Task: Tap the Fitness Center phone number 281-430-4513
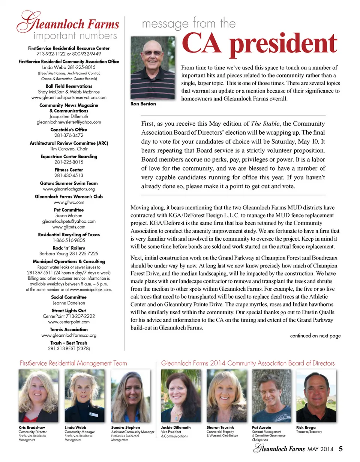[69, 175]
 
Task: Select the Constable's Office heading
[69, 130]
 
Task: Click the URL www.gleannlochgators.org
[69, 189]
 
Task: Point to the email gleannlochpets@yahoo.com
[69, 221]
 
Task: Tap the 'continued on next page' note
[315, 336]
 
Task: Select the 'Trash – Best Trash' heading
[69, 343]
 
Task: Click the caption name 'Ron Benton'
[143, 104]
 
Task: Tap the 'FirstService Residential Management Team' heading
[73, 363]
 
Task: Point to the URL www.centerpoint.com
[69, 322]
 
